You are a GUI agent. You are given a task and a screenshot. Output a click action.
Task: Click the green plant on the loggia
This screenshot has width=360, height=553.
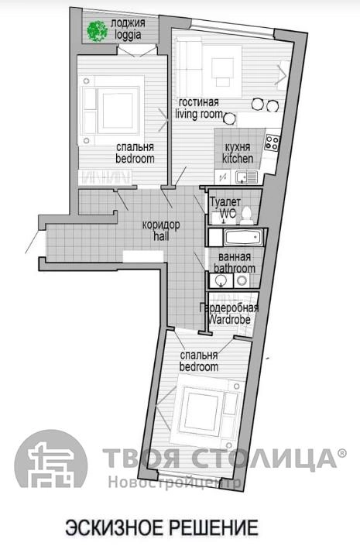click(x=98, y=31)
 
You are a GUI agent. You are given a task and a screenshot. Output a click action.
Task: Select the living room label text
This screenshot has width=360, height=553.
click(x=199, y=115)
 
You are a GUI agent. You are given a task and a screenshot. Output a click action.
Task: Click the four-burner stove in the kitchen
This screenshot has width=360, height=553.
click(x=273, y=143)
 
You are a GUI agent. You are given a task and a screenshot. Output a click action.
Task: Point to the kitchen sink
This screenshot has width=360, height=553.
click(x=246, y=177)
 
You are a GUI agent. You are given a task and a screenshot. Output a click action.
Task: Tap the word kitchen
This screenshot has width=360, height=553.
click(x=238, y=159)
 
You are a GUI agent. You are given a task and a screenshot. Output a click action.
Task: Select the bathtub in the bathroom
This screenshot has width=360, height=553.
click(x=243, y=237)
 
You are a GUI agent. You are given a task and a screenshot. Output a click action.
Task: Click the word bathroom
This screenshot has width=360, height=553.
click(x=235, y=269)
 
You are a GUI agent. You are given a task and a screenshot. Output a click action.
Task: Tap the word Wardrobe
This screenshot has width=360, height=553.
click(x=229, y=320)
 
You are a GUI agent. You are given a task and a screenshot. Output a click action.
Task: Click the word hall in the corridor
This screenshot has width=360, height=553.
click(x=161, y=236)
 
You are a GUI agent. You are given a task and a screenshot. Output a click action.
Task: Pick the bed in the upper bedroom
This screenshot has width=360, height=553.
click(x=112, y=110)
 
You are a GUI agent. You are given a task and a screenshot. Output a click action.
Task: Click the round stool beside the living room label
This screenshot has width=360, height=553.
click(x=229, y=118)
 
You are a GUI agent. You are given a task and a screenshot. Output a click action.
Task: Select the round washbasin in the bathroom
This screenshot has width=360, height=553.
click(x=221, y=280)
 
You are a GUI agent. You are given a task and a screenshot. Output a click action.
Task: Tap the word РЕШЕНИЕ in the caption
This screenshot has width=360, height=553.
click(x=214, y=528)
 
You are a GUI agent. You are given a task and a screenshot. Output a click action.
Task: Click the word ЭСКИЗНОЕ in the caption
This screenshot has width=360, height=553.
click(x=115, y=528)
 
